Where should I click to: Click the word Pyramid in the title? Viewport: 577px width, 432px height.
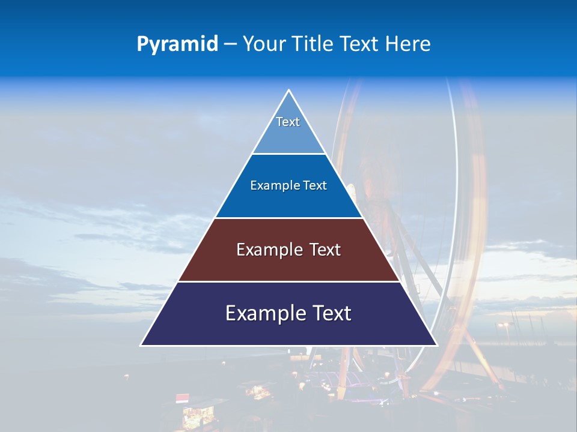(x=177, y=44)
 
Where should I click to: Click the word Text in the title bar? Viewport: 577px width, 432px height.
(x=361, y=44)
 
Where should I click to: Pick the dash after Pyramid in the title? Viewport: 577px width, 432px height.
(x=231, y=44)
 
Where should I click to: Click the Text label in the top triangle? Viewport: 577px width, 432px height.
(x=288, y=122)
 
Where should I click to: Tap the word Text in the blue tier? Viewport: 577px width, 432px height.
(x=315, y=185)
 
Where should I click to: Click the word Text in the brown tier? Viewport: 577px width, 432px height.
(x=325, y=250)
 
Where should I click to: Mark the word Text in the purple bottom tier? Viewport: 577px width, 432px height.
(x=331, y=313)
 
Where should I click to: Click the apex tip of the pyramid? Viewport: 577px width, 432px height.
(x=288, y=91)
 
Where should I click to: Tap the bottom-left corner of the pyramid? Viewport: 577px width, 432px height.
(x=141, y=345)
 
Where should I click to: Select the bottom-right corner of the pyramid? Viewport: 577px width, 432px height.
(x=436, y=345)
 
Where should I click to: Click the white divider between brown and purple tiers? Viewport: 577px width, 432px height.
(x=288, y=281)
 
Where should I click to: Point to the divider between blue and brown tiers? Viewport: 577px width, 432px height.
(x=288, y=218)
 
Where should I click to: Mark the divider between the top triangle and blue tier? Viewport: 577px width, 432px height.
(x=288, y=154)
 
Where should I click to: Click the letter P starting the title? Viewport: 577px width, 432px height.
(x=142, y=44)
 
